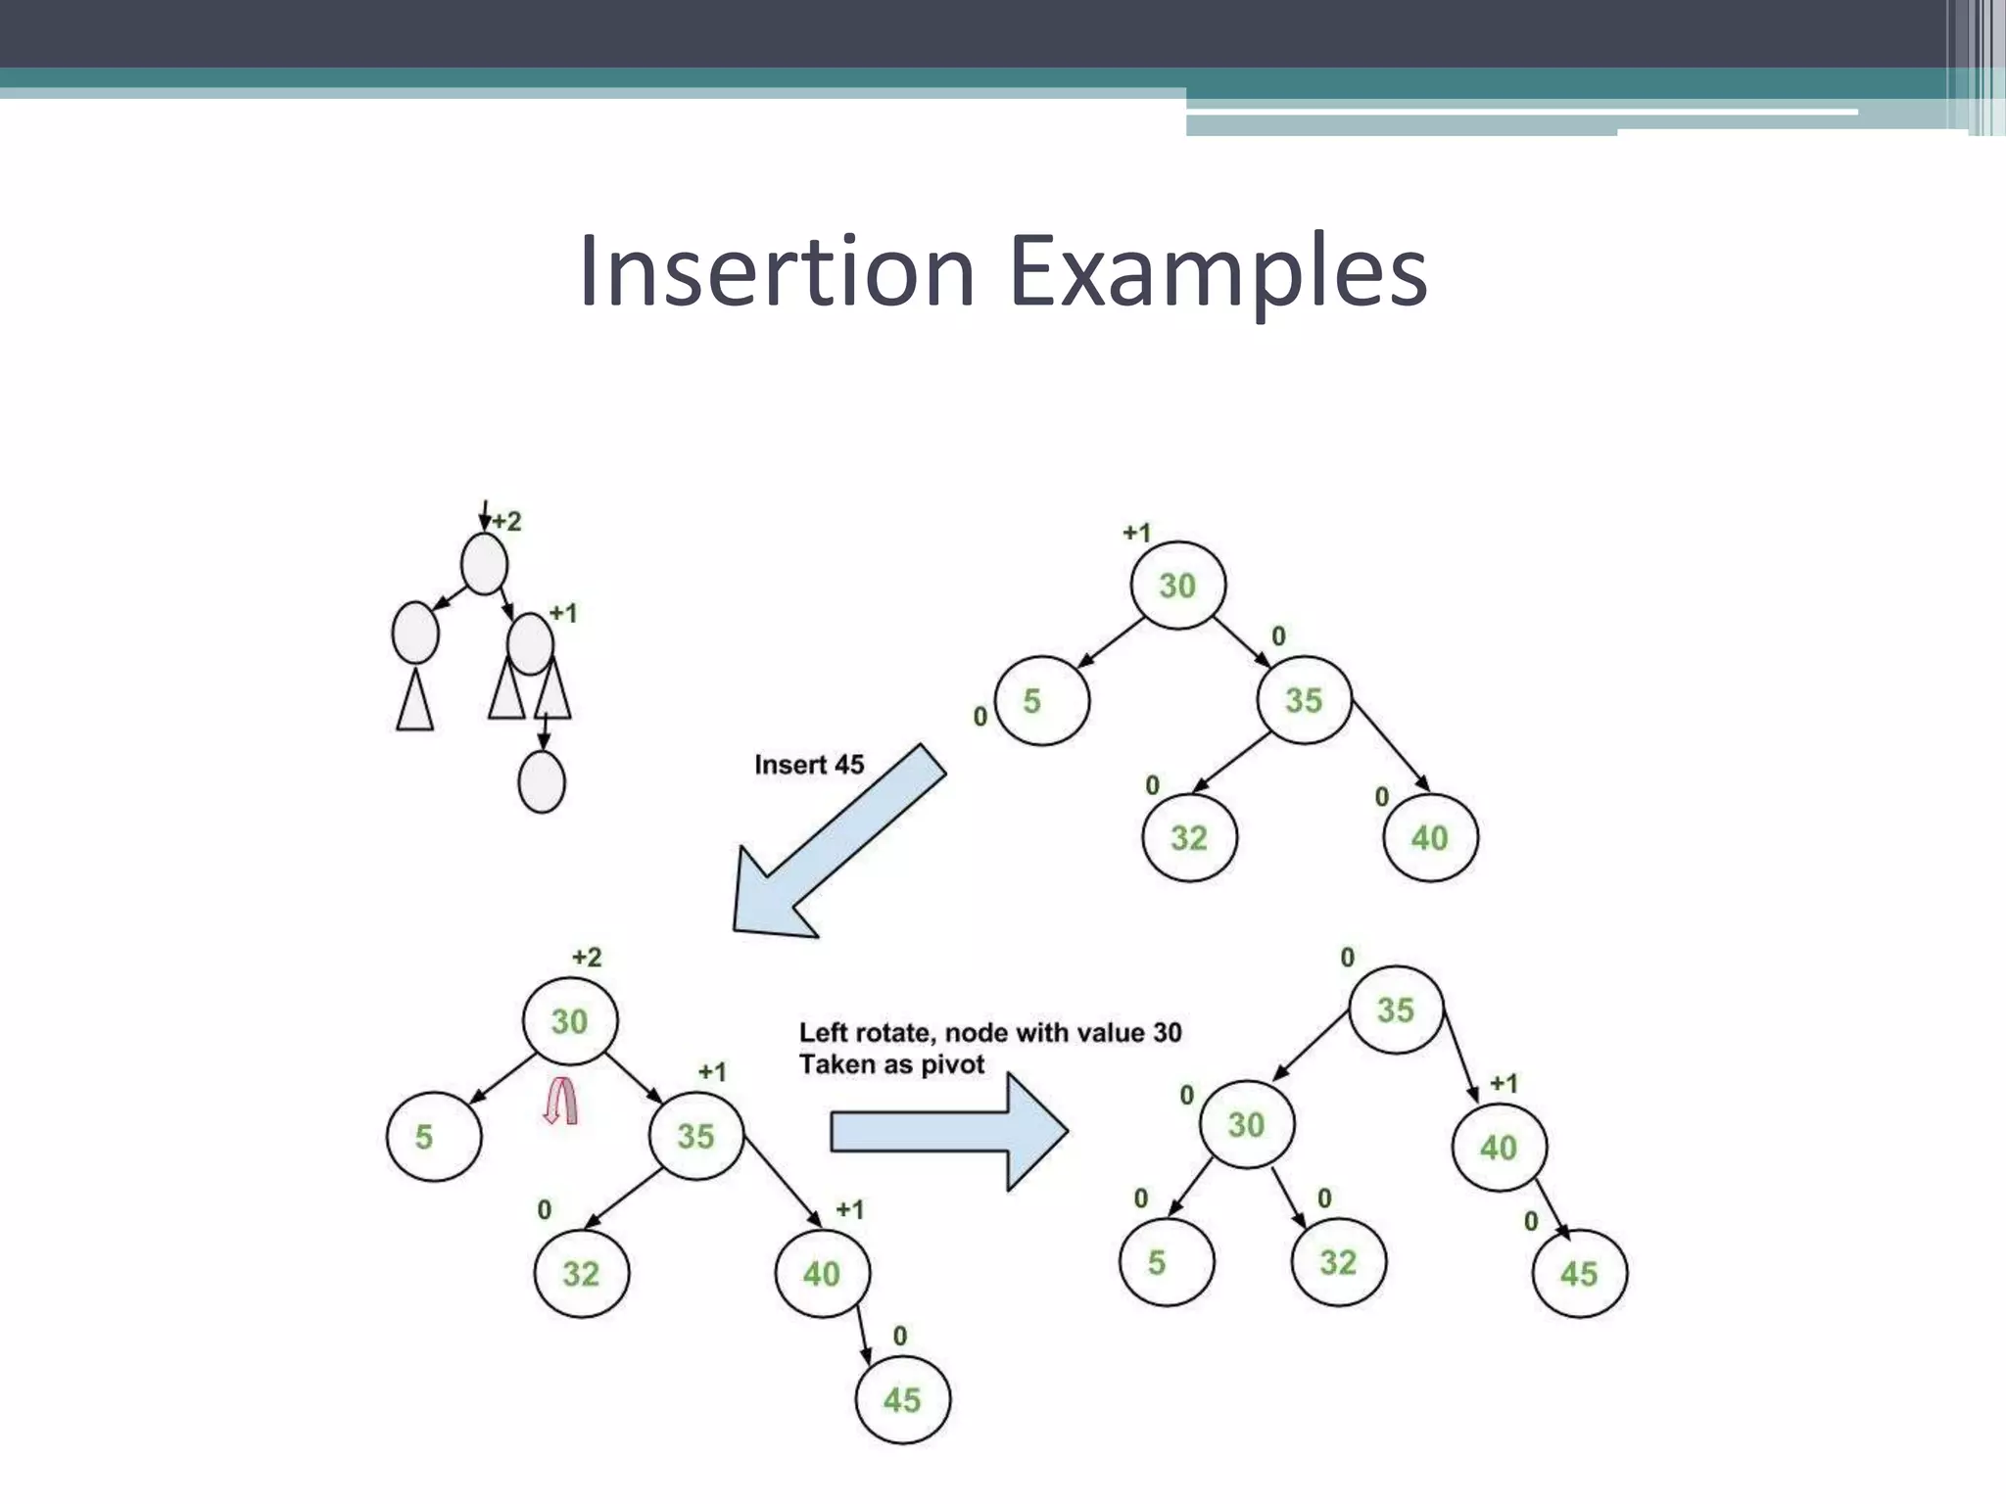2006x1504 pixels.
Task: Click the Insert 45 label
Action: [809, 765]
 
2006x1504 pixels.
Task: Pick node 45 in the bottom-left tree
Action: [902, 1399]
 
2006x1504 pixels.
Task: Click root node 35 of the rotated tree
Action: [1396, 1010]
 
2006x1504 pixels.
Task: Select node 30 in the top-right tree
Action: [1177, 586]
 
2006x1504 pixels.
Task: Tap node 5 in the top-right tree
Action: [1040, 701]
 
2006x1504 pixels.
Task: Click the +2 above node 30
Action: [587, 957]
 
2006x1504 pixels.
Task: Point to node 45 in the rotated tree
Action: [1579, 1273]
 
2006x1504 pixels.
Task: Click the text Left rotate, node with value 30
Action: [990, 1032]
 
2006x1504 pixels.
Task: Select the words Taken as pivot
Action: [891, 1064]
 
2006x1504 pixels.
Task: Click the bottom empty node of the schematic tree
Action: [541, 781]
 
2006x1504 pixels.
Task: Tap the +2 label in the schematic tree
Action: [506, 521]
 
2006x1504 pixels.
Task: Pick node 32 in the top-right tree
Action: [1189, 837]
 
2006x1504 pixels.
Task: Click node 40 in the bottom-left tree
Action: [821, 1273]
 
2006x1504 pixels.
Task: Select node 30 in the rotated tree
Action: [1246, 1124]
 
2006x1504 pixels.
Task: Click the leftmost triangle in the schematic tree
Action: [415, 700]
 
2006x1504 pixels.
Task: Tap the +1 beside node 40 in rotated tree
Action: [1504, 1083]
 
